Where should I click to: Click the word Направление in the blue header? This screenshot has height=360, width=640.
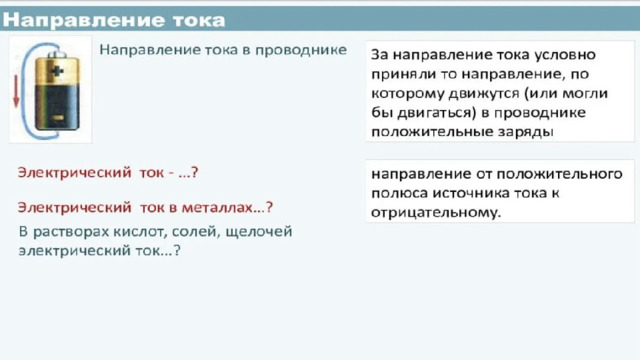click(84, 20)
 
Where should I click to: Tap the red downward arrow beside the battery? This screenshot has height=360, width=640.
click(16, 91)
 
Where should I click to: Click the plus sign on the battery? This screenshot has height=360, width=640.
click(57, 71)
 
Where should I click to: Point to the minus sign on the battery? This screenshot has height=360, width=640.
click(58, 118)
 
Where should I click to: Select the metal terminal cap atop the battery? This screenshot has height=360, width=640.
click(57, 54)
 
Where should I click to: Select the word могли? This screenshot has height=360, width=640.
click(585, 93)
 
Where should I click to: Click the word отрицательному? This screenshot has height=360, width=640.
click(436, 212)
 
